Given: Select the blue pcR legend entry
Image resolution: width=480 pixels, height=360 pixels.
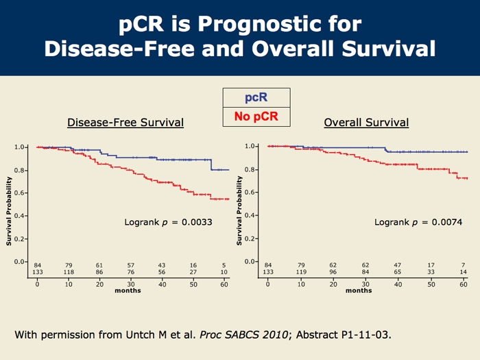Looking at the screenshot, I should click(256, 98).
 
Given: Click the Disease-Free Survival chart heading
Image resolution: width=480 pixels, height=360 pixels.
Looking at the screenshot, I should click(125, 123).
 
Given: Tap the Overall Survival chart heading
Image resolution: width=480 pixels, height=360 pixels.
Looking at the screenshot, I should click(366, 123).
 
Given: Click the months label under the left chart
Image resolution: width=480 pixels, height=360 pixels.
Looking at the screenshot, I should click(128, 291).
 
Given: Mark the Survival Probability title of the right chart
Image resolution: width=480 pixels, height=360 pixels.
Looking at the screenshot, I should click(239, 210).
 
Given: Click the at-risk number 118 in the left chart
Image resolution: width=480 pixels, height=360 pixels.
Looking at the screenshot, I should click(69, 272).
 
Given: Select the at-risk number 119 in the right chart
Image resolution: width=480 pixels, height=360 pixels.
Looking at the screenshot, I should click(300, 272).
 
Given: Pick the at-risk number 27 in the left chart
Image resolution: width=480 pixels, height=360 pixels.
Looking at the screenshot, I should click(193, 272).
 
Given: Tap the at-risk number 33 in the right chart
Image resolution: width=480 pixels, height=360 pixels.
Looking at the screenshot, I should click(430, 272).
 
